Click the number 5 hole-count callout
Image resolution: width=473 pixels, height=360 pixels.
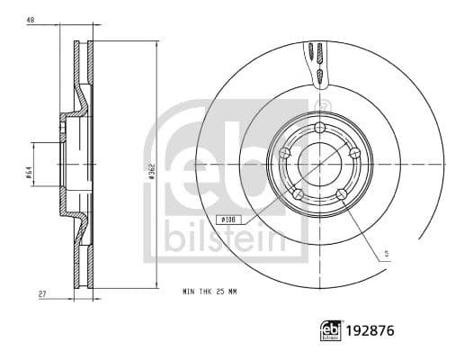click(386, 254)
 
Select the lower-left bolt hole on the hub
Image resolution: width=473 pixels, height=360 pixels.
click(298, 193)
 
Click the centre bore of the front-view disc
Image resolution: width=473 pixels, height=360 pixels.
click(320, 163)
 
